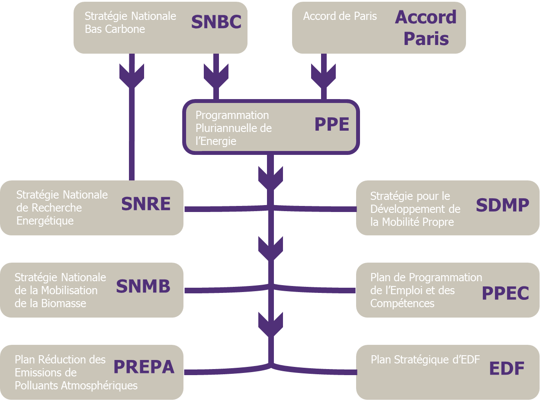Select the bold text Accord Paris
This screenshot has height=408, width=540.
[x=426, y=28]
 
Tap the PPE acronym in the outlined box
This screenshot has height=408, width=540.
[x=331, y=125]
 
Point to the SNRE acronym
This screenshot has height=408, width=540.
[x=146, y=204]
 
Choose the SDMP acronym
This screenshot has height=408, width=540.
[x=502, y=206]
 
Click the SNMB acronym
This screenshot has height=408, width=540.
[x=143, y=286]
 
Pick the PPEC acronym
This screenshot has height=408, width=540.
[x=505, y=293]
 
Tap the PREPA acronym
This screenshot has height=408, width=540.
[x=144, y=367]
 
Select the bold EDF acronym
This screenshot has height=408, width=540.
[x=507, y=369]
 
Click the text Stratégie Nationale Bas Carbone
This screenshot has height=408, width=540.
[x=130, y=22]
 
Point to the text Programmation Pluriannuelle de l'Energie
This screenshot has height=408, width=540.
[x=234, y=128]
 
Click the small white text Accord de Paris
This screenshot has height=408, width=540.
[x=340, y=16]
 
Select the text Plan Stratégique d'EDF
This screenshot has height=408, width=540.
[x=425, y=360]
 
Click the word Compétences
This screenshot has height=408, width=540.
[x=402, y=303]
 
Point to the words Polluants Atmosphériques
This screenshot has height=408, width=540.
[x=76, y=386]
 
